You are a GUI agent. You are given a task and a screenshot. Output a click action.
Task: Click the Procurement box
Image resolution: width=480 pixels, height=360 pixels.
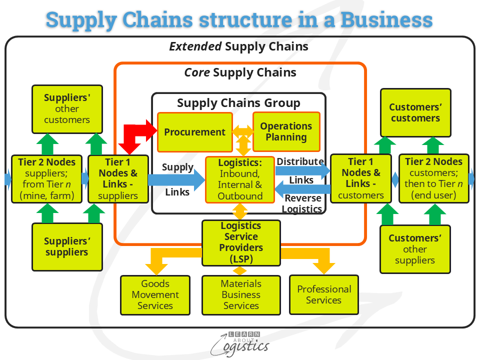tap(195, 132)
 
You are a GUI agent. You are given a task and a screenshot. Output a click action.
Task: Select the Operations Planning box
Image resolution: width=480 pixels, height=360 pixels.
tap(286, 132)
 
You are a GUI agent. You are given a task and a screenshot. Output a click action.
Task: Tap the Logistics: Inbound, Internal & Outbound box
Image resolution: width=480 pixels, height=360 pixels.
tap(240, 179)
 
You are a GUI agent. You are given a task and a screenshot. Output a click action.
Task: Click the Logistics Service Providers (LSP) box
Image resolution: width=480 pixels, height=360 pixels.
tap(241, 242)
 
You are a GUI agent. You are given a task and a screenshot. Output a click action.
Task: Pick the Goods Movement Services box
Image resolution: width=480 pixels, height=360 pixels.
tap(155, 295)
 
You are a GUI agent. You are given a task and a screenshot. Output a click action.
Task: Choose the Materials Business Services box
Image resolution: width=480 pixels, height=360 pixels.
tap(241, 295)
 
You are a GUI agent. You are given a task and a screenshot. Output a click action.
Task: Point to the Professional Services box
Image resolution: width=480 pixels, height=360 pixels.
tap(323, 294)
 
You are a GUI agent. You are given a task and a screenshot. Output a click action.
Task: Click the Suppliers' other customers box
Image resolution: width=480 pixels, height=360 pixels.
tap(67, 108)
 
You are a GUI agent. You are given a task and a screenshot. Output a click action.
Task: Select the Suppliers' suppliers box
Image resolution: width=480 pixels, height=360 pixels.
tap(67, 247)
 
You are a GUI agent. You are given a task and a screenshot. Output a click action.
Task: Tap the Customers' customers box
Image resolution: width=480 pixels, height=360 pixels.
tap(415, 112)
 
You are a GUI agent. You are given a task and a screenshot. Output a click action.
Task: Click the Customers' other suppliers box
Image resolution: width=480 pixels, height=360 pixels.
tap(415, 249)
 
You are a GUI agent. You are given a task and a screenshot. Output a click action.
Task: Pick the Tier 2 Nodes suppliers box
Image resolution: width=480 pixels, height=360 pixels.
tap(46, 178)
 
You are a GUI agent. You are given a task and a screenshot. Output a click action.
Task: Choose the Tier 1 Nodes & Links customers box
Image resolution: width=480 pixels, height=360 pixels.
tap(360, 178)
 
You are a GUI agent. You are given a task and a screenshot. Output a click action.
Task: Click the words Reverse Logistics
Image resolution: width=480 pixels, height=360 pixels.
tap(303, 203)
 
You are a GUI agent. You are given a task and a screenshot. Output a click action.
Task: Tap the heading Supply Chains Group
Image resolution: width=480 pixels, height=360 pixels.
tap(238, 103)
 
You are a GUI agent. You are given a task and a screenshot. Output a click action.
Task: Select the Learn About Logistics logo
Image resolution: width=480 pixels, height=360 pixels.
tap(240, 343)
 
